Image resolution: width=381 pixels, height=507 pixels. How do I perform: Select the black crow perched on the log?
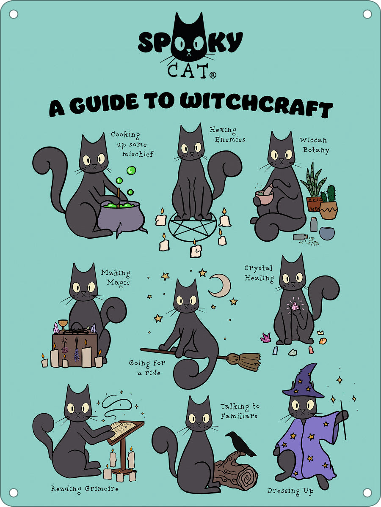coord(240,444)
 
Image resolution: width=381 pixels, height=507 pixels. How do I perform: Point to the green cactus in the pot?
coord(329,194)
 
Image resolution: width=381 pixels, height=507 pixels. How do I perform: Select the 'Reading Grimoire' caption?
coord(85,489)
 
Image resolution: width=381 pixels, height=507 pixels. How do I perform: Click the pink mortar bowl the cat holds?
coord(264,197)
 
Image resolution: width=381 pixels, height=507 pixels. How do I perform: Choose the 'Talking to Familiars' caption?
coord(240,411)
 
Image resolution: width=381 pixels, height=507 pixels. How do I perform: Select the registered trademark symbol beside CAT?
coord(213,75)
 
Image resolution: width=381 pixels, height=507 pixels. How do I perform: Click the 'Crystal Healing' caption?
coord(259,273)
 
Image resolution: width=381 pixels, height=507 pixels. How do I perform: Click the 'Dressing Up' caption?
coord(290,491)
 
